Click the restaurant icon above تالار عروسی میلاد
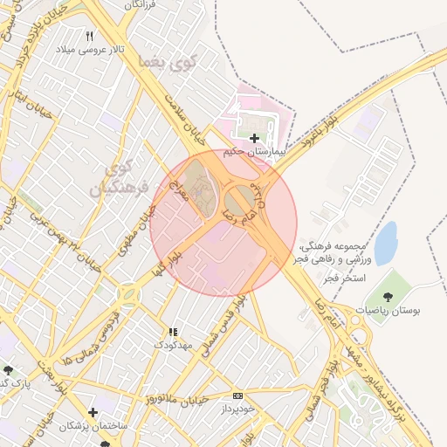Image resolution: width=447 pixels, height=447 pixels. pos(90,36)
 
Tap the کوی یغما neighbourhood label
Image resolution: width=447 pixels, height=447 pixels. pos(168,62)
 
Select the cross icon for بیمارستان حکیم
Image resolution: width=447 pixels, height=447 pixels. pos(254,138)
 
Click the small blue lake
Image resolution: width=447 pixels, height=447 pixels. pos(385,243)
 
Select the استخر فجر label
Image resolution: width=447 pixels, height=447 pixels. pos(343,278)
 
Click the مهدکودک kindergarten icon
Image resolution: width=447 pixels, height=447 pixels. pos(173,332)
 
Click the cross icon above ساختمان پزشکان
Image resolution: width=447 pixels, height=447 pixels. pos(93,412)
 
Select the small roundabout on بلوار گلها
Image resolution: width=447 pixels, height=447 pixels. pos(130,296)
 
